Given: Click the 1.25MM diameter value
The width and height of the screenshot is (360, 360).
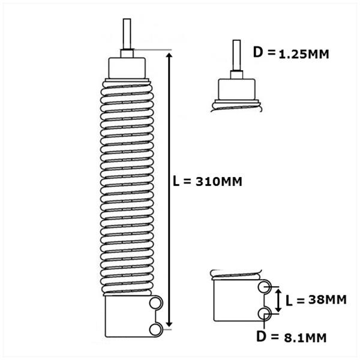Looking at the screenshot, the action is click(304, 55).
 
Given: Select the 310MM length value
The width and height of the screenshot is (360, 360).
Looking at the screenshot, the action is click(219, 182).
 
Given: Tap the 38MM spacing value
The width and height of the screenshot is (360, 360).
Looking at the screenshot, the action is click(327, 299).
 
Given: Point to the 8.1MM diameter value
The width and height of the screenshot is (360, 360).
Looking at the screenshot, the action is click(305, 338).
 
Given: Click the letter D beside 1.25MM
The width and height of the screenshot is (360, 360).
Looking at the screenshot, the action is click(258, 52).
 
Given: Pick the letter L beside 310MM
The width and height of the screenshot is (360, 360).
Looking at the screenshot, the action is click(176, 181).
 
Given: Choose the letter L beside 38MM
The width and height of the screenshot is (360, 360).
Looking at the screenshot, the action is click(289, 301).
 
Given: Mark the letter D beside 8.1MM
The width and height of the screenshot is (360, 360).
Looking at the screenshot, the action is click(261, 337).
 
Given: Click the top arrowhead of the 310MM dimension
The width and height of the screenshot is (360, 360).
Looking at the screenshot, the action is click(169, 56).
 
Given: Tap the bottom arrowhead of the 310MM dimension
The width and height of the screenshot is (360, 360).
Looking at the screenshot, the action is click(169, 324).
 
